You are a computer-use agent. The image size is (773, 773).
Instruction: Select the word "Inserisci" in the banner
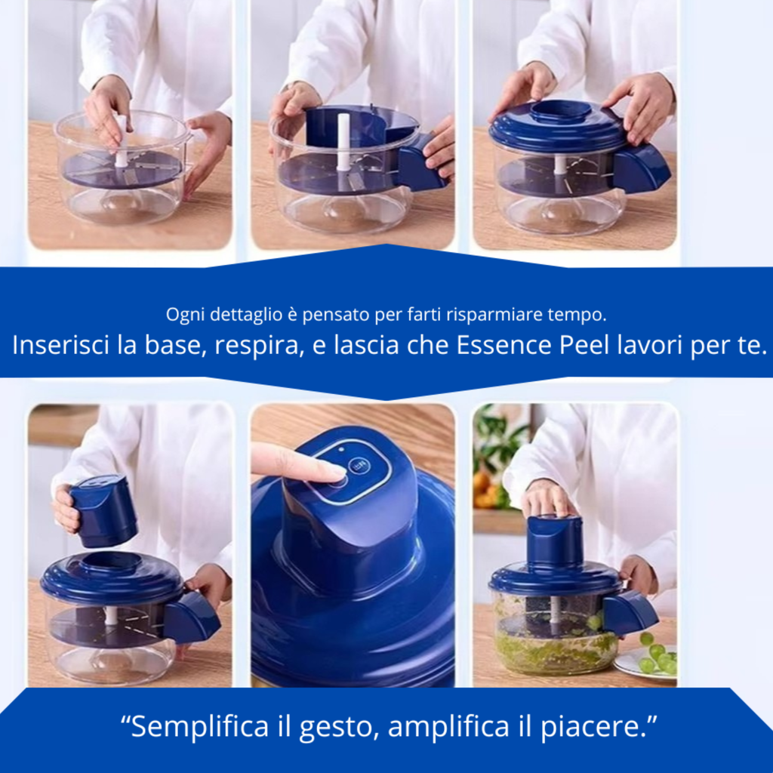pyautogui.click(x=62, y=345)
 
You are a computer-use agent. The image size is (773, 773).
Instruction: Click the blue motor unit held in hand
pyautogui.click(x=103, y=510)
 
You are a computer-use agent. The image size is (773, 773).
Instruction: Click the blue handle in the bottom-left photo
pyautogui.click(x=192, y=617)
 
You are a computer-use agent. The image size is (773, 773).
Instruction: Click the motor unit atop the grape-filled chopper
pyautogui.click(x=555, y=540)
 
